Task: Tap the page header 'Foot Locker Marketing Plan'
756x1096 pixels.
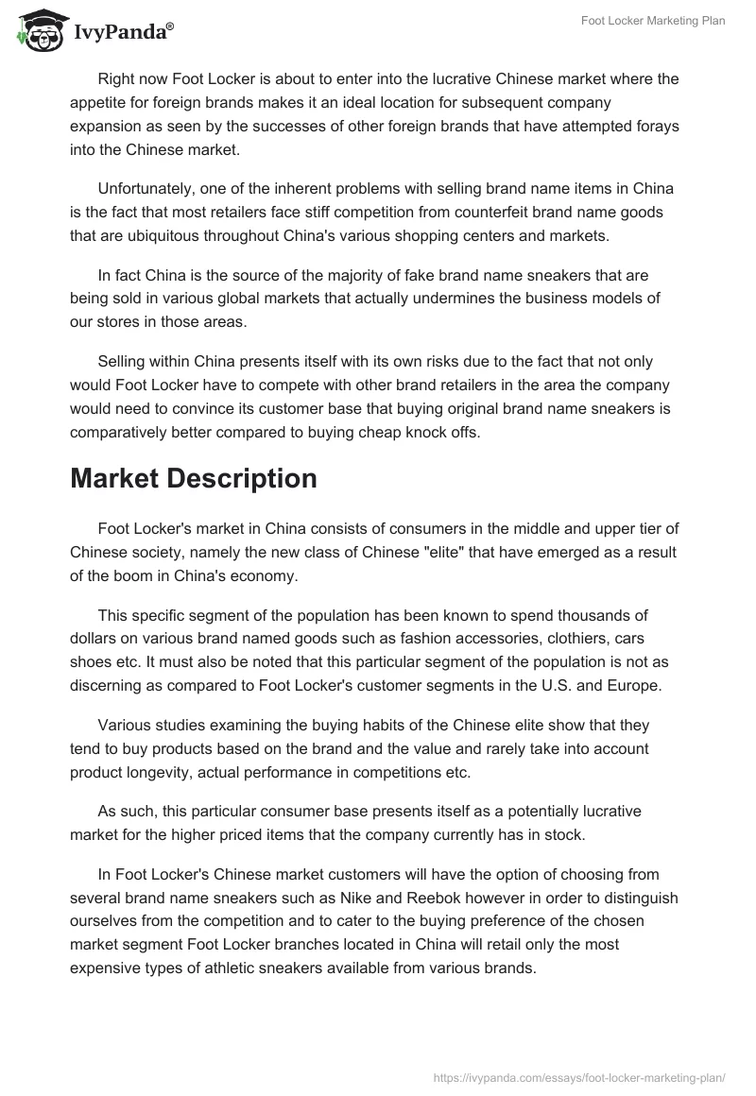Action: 653,21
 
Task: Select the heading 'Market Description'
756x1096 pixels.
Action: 193,479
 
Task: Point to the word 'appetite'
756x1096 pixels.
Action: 99,102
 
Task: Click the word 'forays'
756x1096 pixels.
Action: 657,126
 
